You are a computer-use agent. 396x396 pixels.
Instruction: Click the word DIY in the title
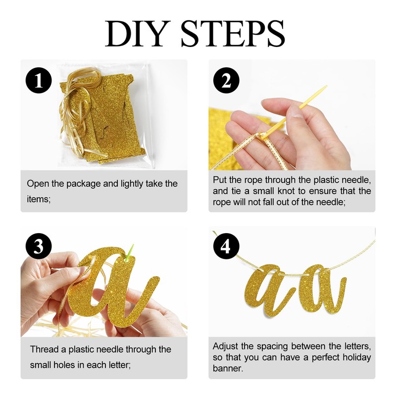[138, 34]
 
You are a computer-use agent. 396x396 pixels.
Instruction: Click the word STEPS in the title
[233, 34]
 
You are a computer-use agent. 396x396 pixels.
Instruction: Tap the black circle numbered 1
[39, 81]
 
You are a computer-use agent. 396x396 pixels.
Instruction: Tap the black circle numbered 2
[226, 81]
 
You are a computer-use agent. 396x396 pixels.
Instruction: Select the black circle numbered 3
[39, 246]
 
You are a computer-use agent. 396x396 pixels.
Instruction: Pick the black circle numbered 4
[226, 246]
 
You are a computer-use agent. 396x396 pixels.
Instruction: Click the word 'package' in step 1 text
[83, 184]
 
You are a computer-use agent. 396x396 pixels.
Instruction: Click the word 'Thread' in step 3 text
[46, 349]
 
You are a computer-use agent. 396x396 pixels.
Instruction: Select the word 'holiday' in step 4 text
[356, 357]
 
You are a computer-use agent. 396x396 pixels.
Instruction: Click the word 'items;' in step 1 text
[39, 199]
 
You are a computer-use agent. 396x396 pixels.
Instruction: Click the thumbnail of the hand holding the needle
[292, 115]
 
